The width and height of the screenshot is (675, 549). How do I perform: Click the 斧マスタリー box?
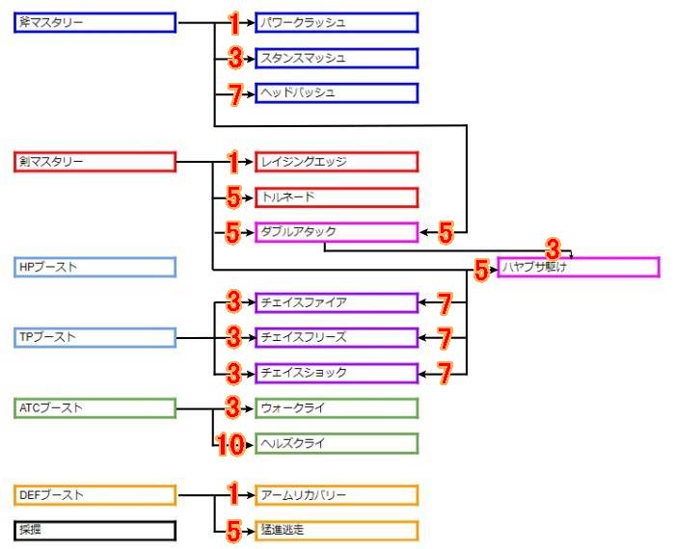[95, 22]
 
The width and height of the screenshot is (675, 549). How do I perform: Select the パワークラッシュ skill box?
[337, 22]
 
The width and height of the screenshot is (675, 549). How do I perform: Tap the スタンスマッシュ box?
[337, 58]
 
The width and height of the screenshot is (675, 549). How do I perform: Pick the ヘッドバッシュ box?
[337, 92]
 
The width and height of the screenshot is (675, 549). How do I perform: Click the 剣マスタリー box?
[95, 162]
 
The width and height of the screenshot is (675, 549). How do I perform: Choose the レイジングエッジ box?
[337, 162]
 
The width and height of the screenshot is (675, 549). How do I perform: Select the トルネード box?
[337, 197]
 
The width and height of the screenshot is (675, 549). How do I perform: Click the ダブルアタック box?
[337, 232]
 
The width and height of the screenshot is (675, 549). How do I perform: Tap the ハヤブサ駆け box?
[579, 267]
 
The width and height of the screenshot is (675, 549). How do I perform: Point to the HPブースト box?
[95, 267]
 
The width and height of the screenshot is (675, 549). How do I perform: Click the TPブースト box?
[95, 337]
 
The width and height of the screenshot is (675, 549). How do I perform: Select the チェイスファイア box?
[337, 302]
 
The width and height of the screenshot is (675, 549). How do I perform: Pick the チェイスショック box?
[337, 373]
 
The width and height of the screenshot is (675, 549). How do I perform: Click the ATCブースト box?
[95, 408]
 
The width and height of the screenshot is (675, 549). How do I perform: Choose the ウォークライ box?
[337, 408]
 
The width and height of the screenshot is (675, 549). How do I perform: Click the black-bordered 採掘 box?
[95, 530]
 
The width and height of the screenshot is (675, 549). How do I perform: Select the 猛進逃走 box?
[337, 530]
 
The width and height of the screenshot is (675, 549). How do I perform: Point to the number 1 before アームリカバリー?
[232, 495]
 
